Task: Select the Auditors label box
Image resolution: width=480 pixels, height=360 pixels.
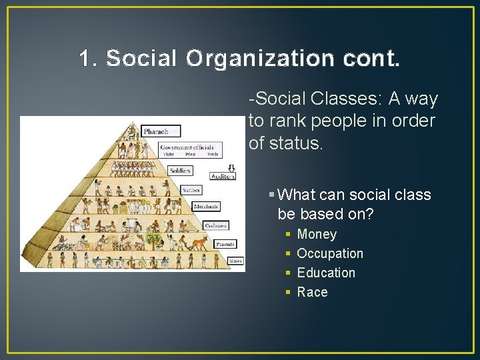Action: pyautogui.click(x=223, y=176)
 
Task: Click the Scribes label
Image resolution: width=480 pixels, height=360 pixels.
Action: pyautogui.click(x=191, y=190)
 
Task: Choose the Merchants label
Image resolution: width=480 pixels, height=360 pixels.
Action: pyautogui.click(x=206, y=207)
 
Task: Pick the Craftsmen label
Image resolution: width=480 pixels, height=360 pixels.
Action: pyautogui.click(x=216, y=225)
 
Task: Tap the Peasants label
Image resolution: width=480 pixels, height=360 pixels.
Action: pyautogui.click(x=225, y=244)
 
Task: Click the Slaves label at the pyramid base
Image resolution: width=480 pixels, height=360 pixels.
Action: pyautogui.click(x=235, y=261)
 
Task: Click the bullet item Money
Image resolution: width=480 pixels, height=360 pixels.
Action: pyautogui.click(x=317, y=234)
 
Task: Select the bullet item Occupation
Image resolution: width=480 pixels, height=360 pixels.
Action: pyautogui.click(x=330, y=253)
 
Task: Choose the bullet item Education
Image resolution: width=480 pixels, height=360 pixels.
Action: pyautogui.click(x=326, y=273)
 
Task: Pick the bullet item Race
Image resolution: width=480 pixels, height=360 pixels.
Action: pyautogui.click(x=312, y=292)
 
